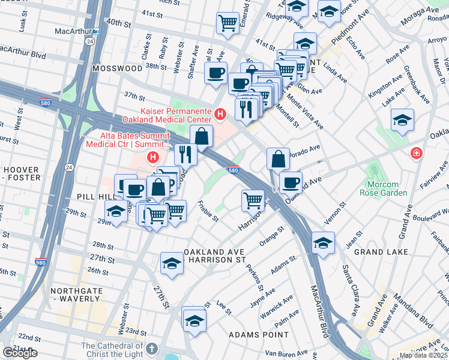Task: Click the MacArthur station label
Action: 75,30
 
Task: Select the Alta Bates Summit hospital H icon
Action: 153,158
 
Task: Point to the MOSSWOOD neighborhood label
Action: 117,69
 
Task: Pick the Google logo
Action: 20,353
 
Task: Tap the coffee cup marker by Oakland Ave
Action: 291,181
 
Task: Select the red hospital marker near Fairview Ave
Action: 415,155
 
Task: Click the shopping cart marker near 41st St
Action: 228,23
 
